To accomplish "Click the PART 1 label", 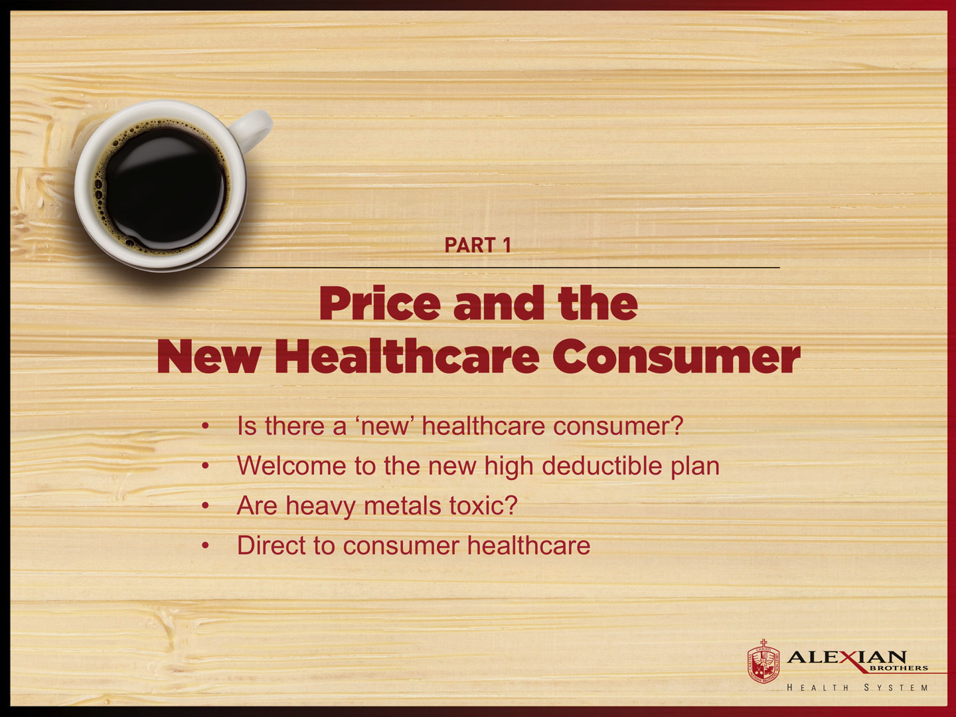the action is (x=477, y=246).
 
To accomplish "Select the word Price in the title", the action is (x=380, y=304).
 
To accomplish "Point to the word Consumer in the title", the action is (x=677, y=357).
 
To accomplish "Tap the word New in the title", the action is (x=208, y=357).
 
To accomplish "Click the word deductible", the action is (x=601, y=466).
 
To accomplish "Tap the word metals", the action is (x=402, y=506).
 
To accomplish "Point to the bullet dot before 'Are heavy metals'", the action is (x=206, y=506).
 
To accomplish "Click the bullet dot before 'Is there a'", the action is (x=206, y=426).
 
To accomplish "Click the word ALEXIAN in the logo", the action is (x=846, y=657).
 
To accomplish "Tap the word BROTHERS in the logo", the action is (x=898, y=669).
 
